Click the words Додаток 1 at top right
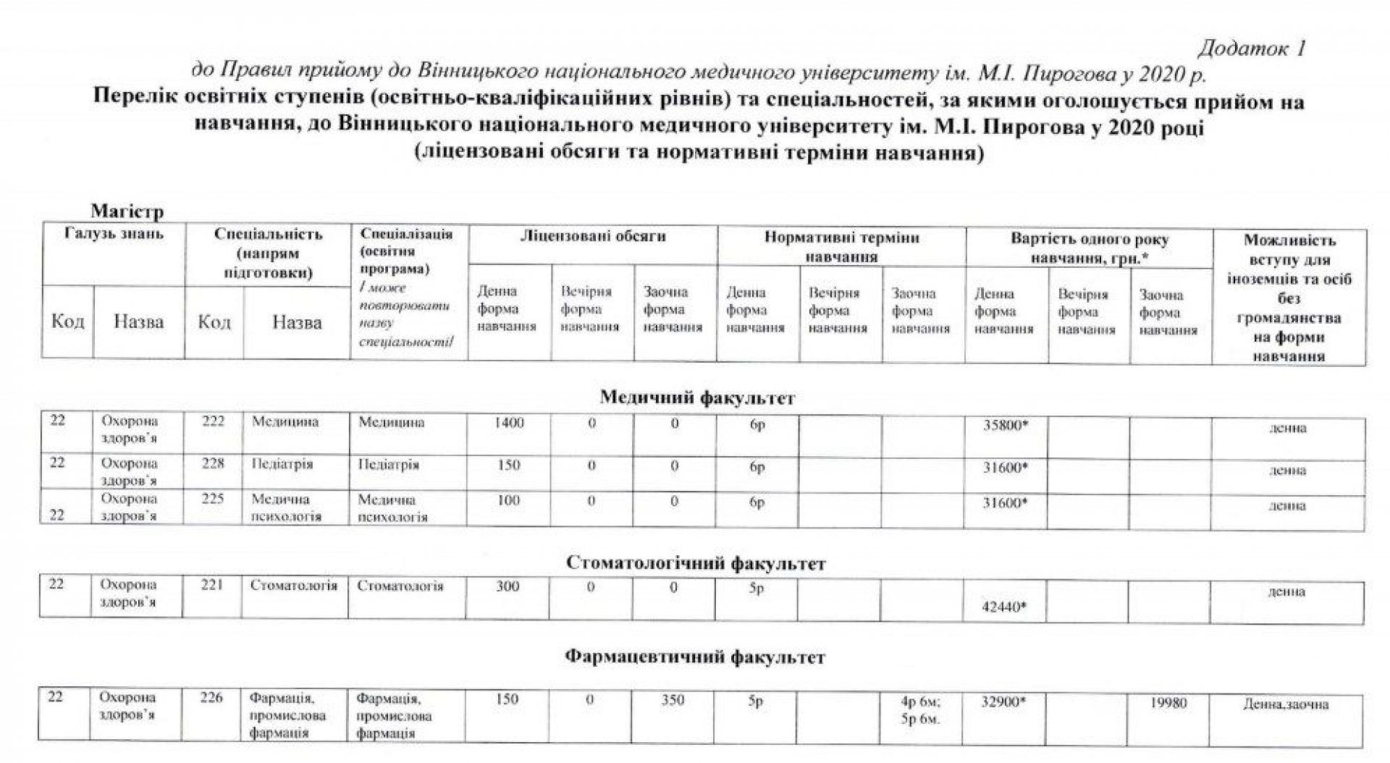tap(1252, 49)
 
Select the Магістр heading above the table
tap(127, 211)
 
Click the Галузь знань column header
tap(114, 234)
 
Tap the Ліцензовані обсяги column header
tap(592, 237)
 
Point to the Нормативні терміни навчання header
tap(841, 247)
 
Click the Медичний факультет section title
tap(697, 397)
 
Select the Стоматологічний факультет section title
tap(695, 563)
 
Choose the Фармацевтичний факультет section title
tap(694, 657)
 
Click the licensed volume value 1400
tap(509, 423)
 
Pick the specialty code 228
tap(213, 463)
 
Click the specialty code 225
tap(213, 498)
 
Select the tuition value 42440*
tap(1004, 607)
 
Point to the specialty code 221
tap(211, 585)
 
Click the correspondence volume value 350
tap(673, 699)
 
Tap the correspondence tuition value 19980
tap(1168, 702)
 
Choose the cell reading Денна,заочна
tap(1286, 704)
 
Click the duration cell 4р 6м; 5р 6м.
tap(920, 710)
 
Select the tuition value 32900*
tap(1004, 701)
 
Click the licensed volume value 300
tap(507, 586)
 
